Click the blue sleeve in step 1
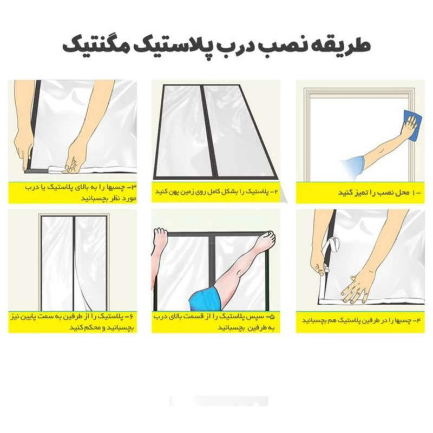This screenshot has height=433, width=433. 352,167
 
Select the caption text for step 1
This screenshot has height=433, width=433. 379,193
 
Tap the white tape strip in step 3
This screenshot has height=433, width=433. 83,168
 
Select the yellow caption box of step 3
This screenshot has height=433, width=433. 73,193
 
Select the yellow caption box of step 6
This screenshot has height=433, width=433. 73,322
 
